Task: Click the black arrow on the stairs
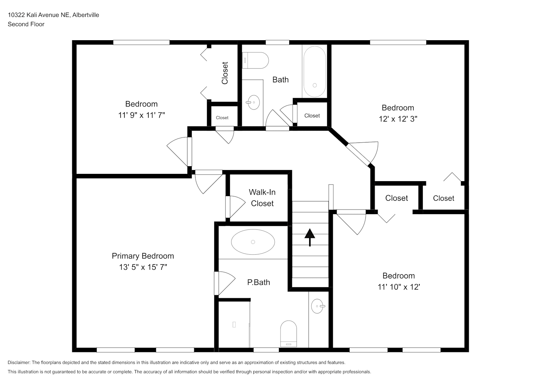pyautogui.click(x=310, y=237)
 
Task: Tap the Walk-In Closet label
pyautogui.click(x=262, y=198)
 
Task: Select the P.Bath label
pyautogui.click(x=258, y=282)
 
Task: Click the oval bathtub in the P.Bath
pyautogui.click(x=253, y=242)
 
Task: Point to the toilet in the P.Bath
pyautogui.click(x=288, y=334)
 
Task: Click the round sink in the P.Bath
pyautogui.click(x=318, y=306)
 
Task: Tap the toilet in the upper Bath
pyautogui.click(x=255, y=61)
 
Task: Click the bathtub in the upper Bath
pyautogui.click(x=315, y=72)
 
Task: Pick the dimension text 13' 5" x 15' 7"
pyautogui.click(x=143, y=267)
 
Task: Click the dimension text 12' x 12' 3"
pyautogui.click(x=398, y=119)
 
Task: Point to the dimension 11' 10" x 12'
pyautogui.click(x=399, y=287)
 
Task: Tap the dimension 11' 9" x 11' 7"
pyautogui.click(x=142, y=115)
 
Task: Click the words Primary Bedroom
pyautogui.click(x=143, y=256)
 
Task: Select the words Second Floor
pyautogui.click(x=26, y=24)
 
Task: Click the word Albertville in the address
pyautogui.click(x=86, y=15)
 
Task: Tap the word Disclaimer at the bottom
pyautogui.click(x=19, y=362)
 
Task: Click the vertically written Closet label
pyautogui.click(x=225, y=73)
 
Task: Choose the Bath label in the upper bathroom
pyautogui.click(x=280, y=80)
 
